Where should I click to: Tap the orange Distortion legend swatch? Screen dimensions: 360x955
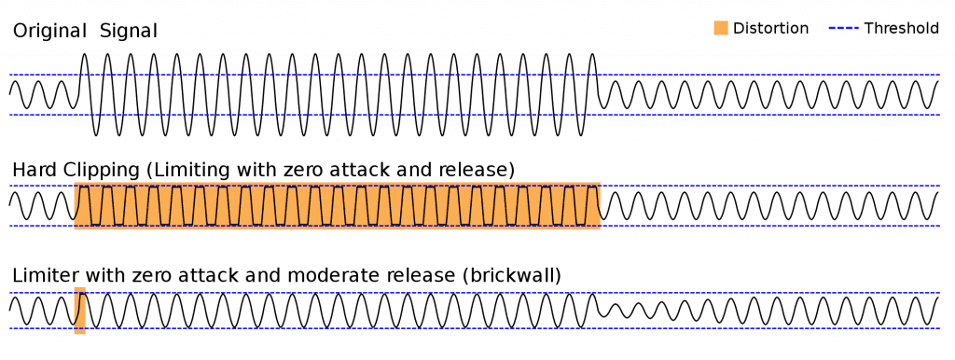721,28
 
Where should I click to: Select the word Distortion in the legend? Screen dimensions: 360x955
770,28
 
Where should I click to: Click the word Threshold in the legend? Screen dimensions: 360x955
900,28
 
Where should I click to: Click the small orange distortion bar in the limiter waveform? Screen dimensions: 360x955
80,311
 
